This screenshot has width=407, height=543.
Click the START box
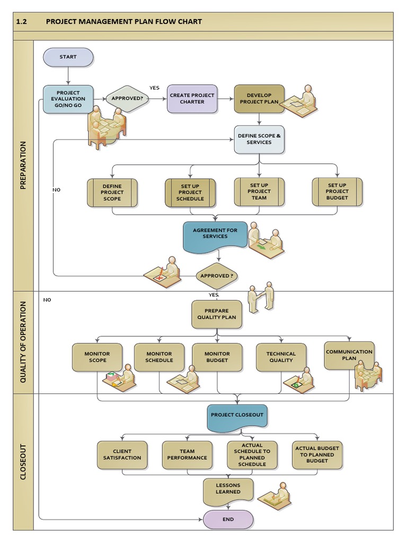click(x=68, y=57)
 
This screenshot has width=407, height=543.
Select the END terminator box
click(x=228, y=520)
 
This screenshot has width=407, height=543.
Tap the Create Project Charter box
click(x=192, y=99)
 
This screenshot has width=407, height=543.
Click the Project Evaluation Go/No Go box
click(x=68, y=99)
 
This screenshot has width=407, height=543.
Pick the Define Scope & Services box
click(x=259, y=139)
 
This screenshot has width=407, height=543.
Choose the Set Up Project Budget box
click(x=337, y=191)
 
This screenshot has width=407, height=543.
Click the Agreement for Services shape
click(x=215, y=235)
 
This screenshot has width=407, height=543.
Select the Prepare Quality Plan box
click(x=217, y=314)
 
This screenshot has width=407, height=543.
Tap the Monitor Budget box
click(x=217, y=357)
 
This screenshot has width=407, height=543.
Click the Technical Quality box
click(x=281, y=357)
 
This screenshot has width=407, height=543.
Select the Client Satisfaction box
click(x=122, y=454)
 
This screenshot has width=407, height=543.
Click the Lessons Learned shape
click(x=228, y=491)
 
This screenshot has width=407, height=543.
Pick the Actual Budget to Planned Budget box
click(x=317, y=454)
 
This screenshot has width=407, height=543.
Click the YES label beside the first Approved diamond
click(x=154, y=88)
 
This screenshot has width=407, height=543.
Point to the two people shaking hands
click(x=262, y=297)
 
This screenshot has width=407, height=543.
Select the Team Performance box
click(x=187, y=454)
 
